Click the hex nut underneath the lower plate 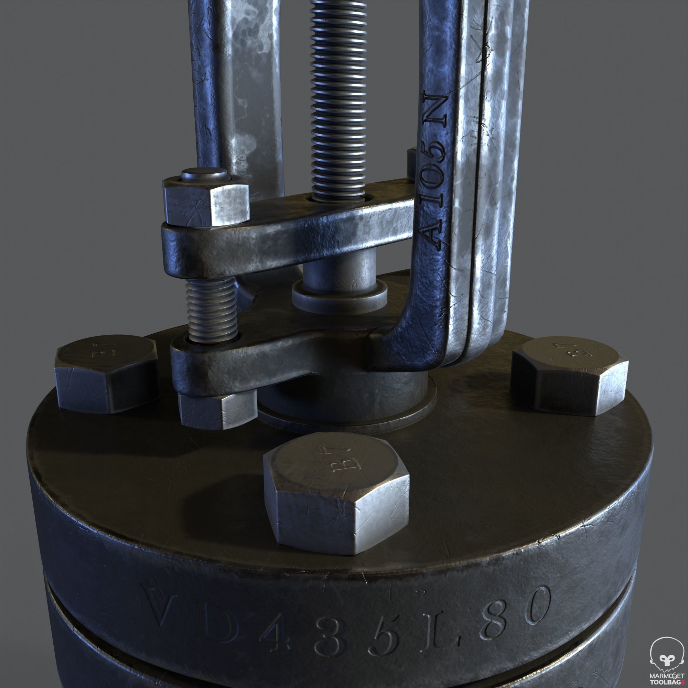[x=217, y=409]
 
